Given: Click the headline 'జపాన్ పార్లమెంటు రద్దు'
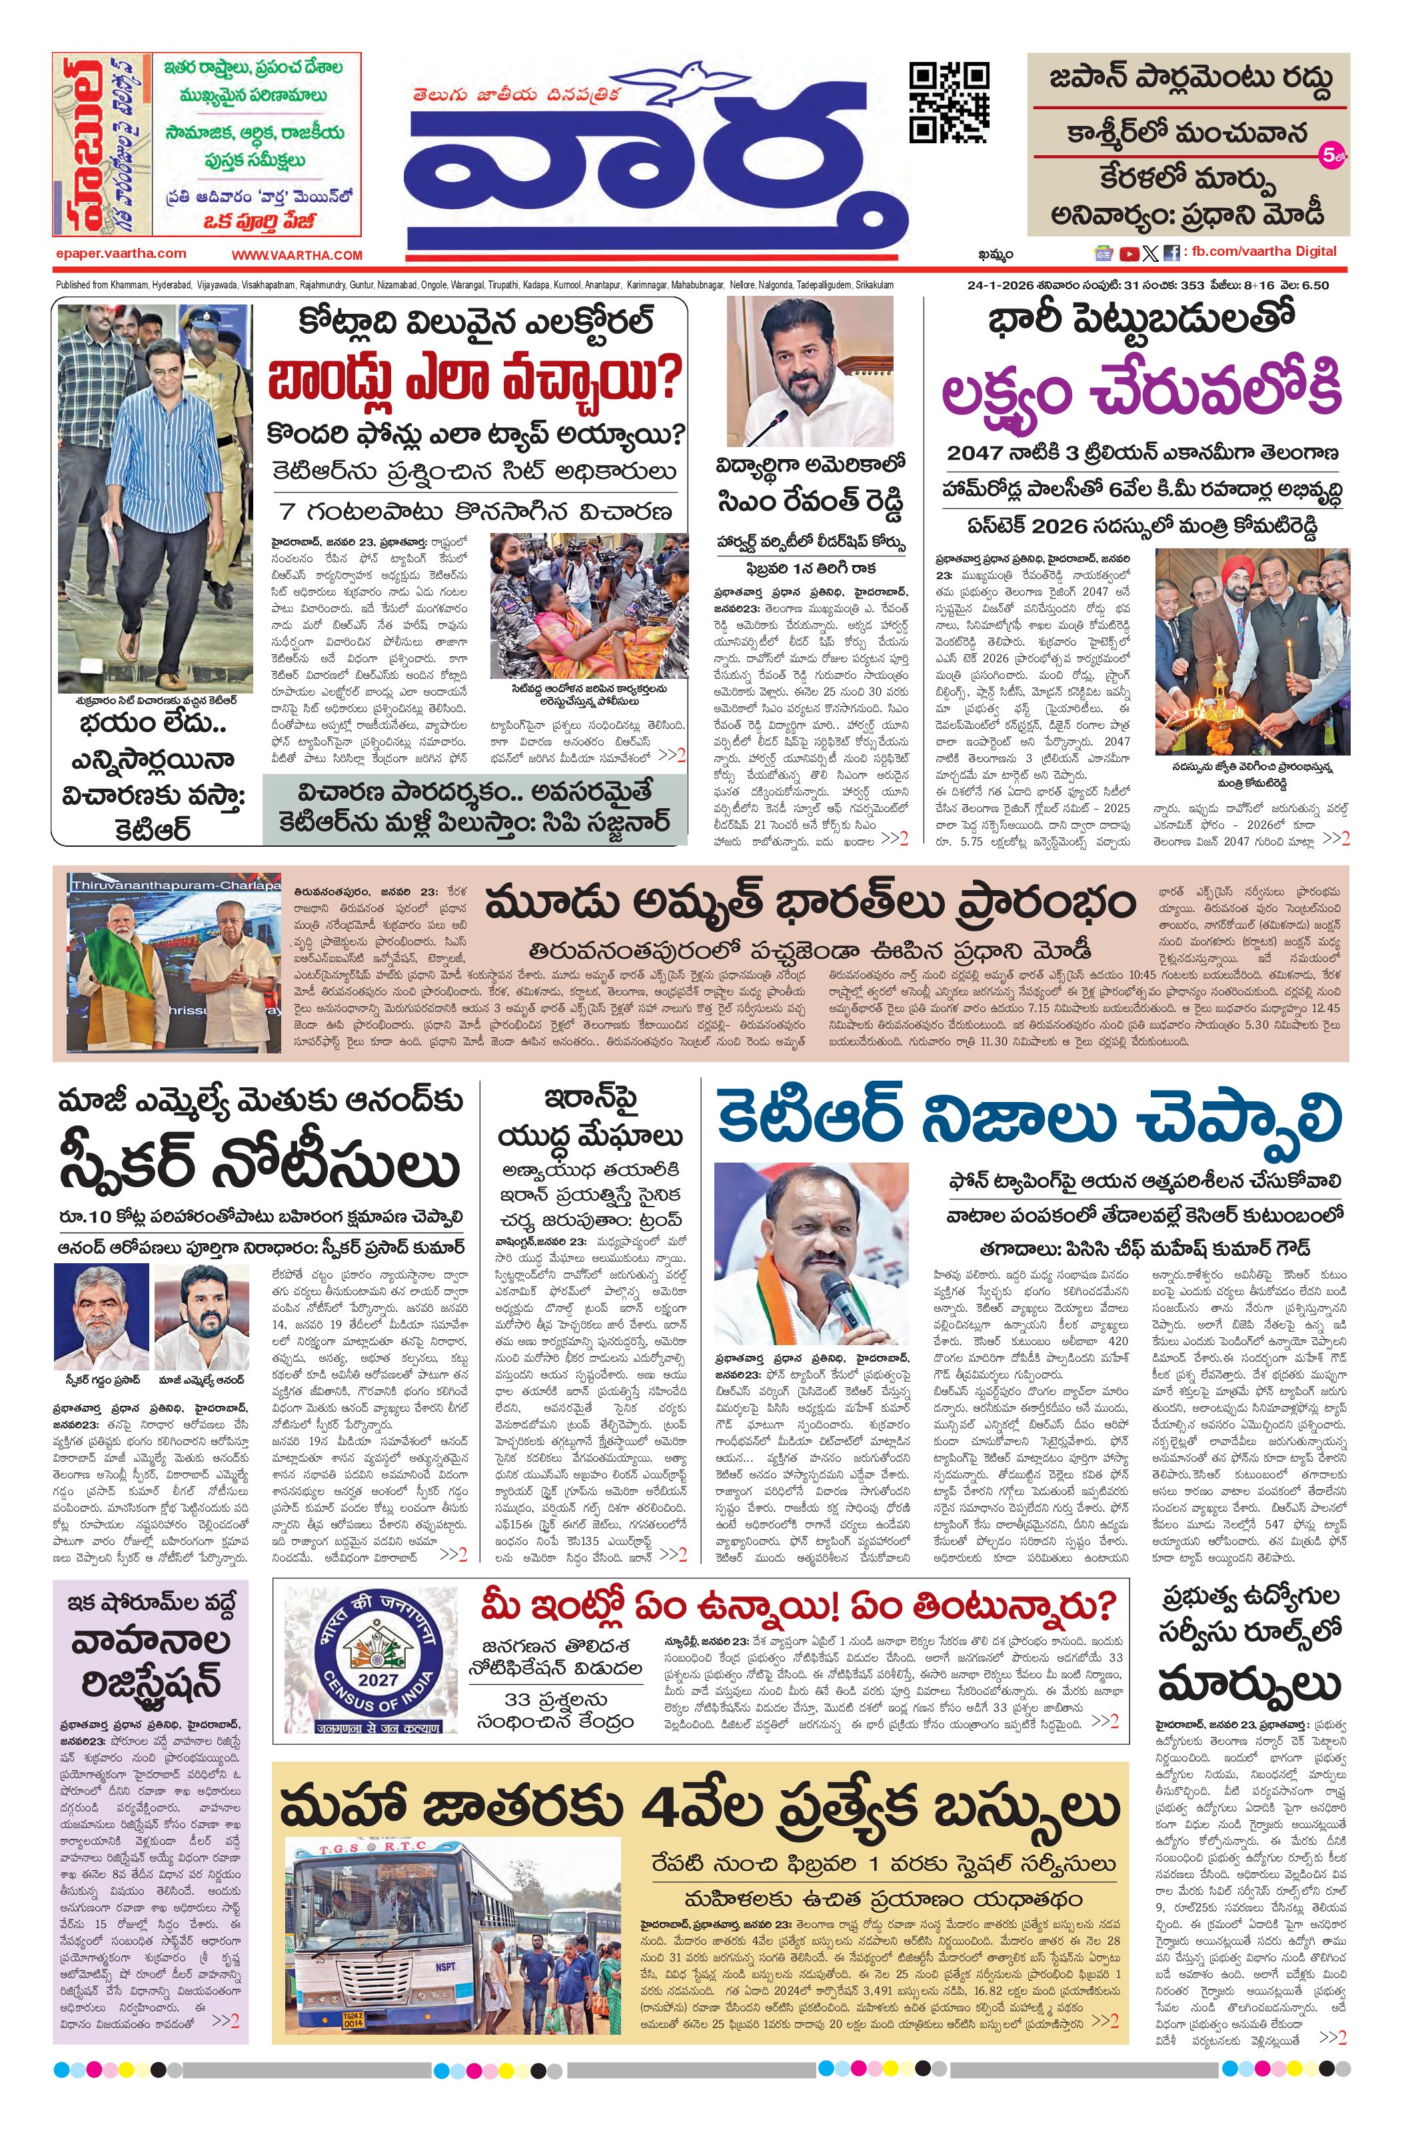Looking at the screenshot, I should pos(1189,79).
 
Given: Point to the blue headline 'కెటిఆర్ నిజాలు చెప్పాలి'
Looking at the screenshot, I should pos(1027,1120).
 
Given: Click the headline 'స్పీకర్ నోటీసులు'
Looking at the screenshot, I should pos(259,1167).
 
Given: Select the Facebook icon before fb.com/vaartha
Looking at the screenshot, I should pos(1171,254).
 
